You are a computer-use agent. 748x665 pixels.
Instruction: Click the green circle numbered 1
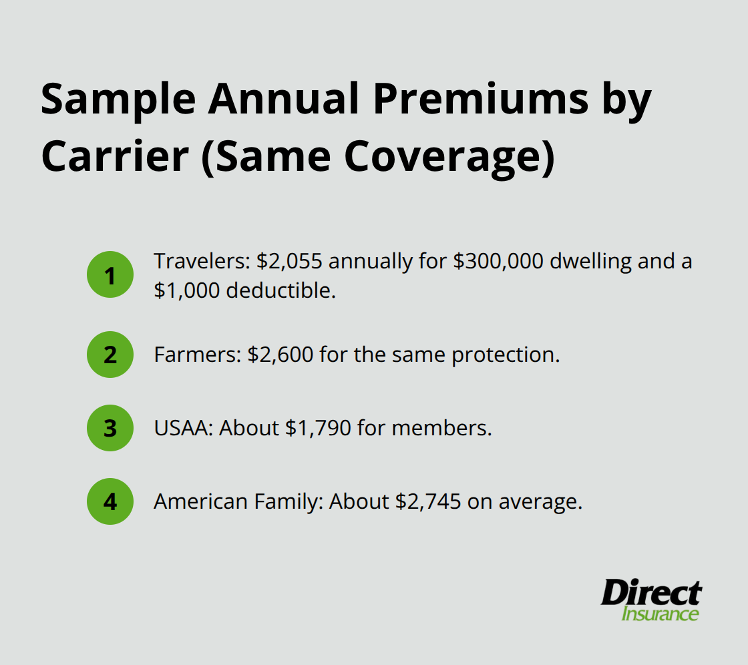110,275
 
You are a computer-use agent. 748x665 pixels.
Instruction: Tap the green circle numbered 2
110,355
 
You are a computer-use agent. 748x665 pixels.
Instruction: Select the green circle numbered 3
110,428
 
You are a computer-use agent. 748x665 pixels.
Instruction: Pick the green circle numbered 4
110,501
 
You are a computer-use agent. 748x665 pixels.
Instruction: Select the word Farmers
194,355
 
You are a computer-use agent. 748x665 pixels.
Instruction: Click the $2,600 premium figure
280,355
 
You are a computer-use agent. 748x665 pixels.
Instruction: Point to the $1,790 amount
318,428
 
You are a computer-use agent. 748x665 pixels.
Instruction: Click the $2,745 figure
428,501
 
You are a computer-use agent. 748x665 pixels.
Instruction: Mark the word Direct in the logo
650,593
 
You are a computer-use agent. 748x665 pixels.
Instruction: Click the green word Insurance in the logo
660,614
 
